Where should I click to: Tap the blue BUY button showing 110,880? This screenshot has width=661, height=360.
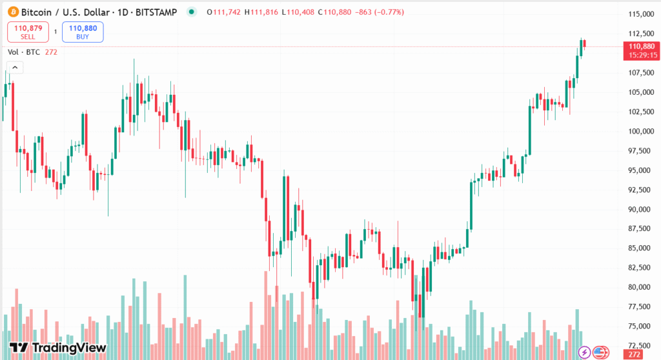(83, 32)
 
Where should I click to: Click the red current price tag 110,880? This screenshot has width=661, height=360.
(640, 46)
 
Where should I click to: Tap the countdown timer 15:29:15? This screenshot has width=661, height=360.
(640, 55)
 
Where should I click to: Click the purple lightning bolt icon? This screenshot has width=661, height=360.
(584, 352)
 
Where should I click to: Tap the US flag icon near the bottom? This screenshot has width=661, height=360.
(600, 352)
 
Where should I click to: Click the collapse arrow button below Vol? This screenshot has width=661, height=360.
(14, 67)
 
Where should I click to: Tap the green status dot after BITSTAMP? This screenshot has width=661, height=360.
(190, 12)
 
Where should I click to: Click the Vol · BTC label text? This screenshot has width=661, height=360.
(23, 52)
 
